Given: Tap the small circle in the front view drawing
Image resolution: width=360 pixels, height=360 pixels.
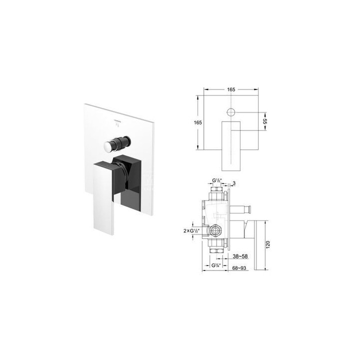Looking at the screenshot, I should click(x=231, y=112).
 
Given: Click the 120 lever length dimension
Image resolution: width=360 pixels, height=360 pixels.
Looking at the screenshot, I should click(x=268, y=244).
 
